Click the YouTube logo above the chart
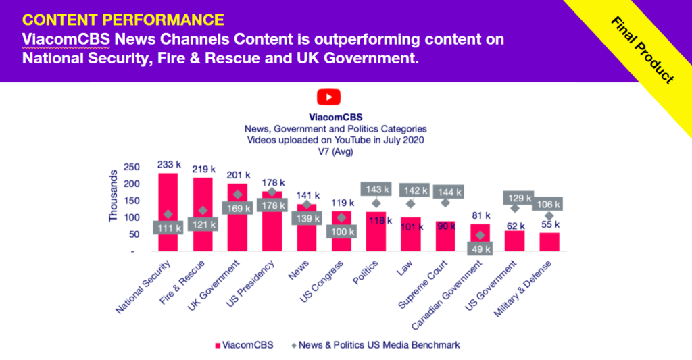click(x=328, y=97)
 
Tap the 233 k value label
click(x=169, y=164)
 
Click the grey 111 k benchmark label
click(x=169, y=228)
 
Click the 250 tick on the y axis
click(x=131, y=167)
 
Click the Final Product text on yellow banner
click(x=643, y=50)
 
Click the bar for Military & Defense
click(x=549, y=242)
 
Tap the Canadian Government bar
click(x=480, y=233)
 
